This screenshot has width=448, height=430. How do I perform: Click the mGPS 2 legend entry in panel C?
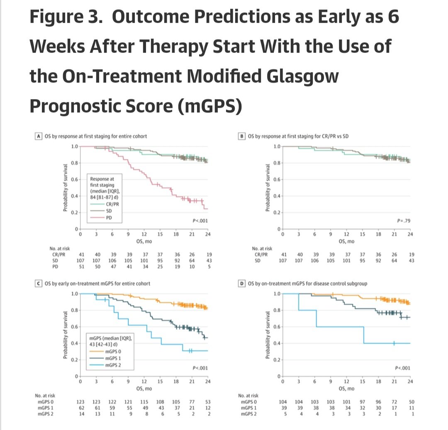tap(113, 364)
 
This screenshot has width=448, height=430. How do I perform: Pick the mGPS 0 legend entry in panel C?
tap(113, 351)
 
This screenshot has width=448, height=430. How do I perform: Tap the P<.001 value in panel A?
tap(200, 221)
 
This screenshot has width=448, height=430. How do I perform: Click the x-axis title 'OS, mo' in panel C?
tap(144, 389)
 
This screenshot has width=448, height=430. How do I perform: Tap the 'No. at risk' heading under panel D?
tap(248, 396)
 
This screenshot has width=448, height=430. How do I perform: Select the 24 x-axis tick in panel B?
tap(410, 234)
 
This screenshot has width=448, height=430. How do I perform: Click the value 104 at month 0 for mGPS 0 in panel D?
tap(283, 402)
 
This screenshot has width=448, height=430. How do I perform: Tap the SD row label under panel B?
tap(258, 260)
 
